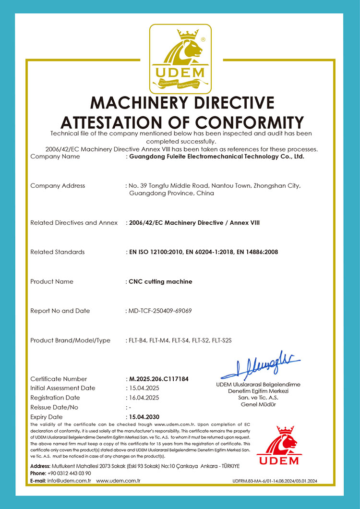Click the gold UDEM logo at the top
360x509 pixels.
tap(180, 59)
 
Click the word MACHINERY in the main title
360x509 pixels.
tap(147, 103)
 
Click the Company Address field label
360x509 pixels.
tap(58, 185)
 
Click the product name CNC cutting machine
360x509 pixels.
tap(161, 281)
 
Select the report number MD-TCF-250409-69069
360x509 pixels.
tap(160, 311)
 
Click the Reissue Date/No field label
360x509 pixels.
tap(60, 407)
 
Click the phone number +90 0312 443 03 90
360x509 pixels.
tap(70, 473)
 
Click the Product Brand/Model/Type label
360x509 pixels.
tap(70, 340)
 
